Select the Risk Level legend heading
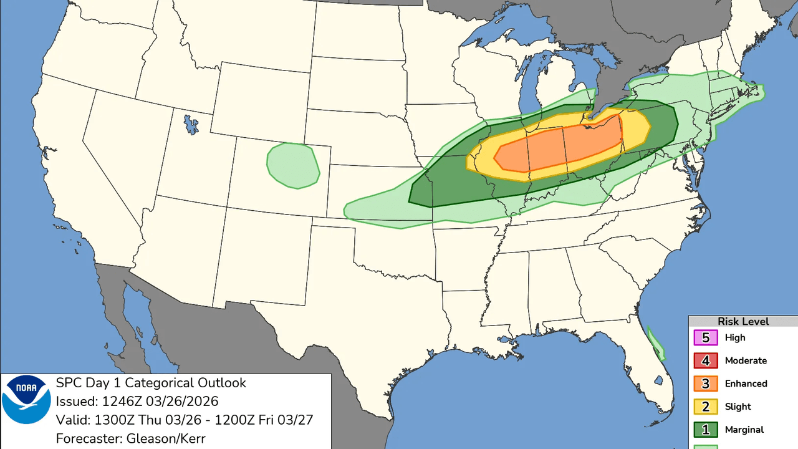tap(743, 322)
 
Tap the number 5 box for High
tap(706, 338)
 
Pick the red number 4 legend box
tap(706, 361)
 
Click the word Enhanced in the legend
tap(746, 384)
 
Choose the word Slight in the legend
tap(738, 407)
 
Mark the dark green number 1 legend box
tap(706, 430)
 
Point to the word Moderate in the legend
tap(746, 360)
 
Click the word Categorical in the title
tap(170, 383)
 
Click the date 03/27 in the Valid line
tap(296, 420)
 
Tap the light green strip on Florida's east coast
tap(656, 344)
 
